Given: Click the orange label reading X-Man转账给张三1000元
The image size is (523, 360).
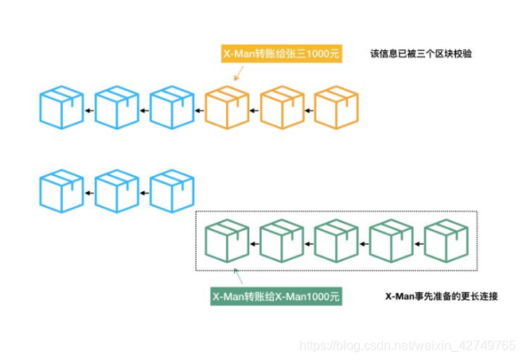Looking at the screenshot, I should [x=281, y=54].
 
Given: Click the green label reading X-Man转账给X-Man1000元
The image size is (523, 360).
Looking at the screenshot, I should [x=276, y=296].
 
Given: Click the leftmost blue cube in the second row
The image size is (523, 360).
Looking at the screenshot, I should [x=62, y=191].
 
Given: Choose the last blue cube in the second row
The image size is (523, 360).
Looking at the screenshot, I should [x=172, y=191].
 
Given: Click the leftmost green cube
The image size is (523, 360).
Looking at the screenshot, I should [x=227, y=241].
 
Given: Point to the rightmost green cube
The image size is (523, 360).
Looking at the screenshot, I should [x=446, y=241].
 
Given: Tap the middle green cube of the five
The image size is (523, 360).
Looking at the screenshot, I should [x=336, y=241].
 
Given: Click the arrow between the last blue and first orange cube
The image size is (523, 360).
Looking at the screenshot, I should [x=200, y=110].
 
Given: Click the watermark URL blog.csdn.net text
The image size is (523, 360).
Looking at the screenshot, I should [x=406, y=345].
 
